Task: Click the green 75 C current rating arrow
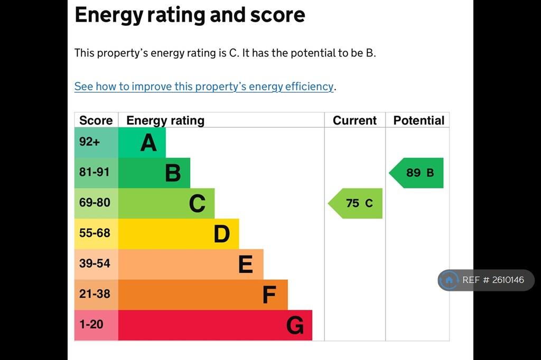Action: click(356, 203)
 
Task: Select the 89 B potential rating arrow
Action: click(416, 173)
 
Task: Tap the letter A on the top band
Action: click(148, 143)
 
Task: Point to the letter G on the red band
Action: click(295, 325)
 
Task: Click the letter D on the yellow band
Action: click(221, 234)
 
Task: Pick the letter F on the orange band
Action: click(269, 295)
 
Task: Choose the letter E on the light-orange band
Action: click(245, 264)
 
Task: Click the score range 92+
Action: click(89, 141)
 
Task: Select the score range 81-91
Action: click(94, 172)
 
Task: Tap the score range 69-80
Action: click(95, 202)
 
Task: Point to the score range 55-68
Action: click(95, 233)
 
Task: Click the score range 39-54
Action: click(95, 263)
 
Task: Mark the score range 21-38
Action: click(95, 293)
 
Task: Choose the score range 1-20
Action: click(91, 324)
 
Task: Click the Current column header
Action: click(355, 120)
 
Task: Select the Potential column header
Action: click(419, 120)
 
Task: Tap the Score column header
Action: click(96, 120)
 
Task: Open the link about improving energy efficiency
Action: click(204, 86)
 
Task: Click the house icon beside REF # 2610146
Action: click(449, 280)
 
